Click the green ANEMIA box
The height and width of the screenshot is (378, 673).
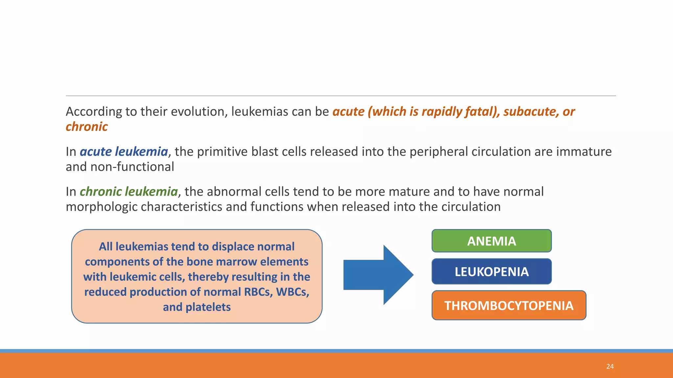[x=491, y=241]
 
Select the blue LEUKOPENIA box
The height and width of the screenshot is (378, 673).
[x=491, y=271]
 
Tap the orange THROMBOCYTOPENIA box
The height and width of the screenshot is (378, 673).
[x=509, y=305]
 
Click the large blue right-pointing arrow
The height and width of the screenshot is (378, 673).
[x=378, y=275]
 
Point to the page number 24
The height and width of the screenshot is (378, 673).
[x=610, y=366]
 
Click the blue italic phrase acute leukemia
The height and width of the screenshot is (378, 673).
[x=124, y=152]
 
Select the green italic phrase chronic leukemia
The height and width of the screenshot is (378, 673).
[x=128, y=192]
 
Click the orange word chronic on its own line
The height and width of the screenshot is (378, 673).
[x=86, y=127]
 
